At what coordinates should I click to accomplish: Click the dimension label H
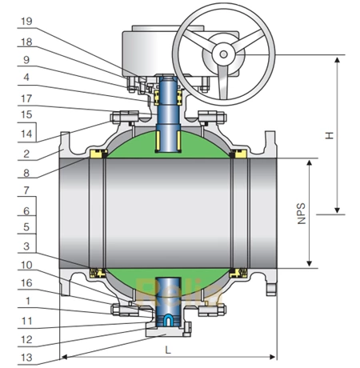[327, 135]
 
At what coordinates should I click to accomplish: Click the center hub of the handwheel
[224, 53]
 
